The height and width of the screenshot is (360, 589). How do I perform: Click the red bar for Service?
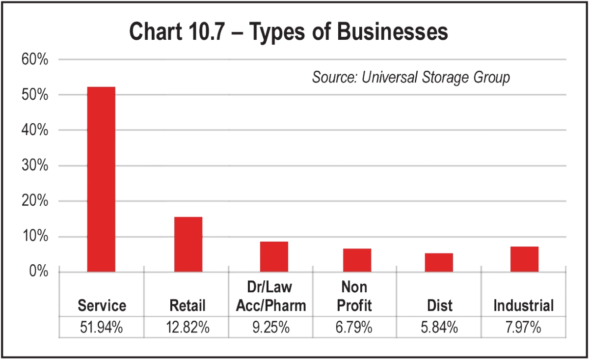pos(101,179)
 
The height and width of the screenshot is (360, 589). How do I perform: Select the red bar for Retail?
pos(188,244)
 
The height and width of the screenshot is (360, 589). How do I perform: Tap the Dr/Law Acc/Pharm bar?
pos(274,256)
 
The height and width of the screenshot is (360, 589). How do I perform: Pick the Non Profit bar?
pos(357,260)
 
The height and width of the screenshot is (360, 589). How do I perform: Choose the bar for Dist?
pos(439,262)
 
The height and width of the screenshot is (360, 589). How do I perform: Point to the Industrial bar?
pos(524,259)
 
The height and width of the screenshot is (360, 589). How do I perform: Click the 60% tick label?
pos(35,60)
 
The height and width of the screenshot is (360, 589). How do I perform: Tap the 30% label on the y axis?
pos(35,166)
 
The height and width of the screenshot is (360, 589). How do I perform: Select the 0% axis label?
pos(38,271)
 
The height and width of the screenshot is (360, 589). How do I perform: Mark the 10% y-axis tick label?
pos(35,237)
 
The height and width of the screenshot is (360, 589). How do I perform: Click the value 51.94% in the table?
pos(102,328)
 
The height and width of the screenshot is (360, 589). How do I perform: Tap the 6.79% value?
pos(354,328)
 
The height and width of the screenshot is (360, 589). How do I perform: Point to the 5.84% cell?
pos(439,328)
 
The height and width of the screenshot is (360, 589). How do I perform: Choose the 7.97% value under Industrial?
pos(523,328)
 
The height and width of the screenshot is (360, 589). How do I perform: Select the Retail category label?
pos(187,306)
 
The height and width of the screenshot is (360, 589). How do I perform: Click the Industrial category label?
pos(523,306)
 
